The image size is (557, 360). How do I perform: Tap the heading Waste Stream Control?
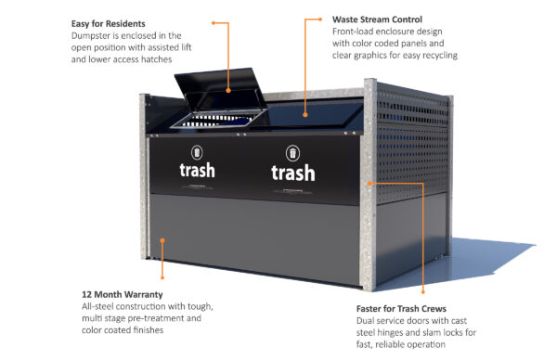point(377,19)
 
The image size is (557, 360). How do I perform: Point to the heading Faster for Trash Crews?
point(401,308)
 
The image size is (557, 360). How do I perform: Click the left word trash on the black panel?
point(197,170)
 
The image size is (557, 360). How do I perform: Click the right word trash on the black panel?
point(292,173)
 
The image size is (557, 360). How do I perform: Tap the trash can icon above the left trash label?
point(197,151)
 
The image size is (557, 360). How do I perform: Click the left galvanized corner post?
point(146,186)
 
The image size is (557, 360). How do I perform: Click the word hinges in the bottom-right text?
point(395,333)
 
